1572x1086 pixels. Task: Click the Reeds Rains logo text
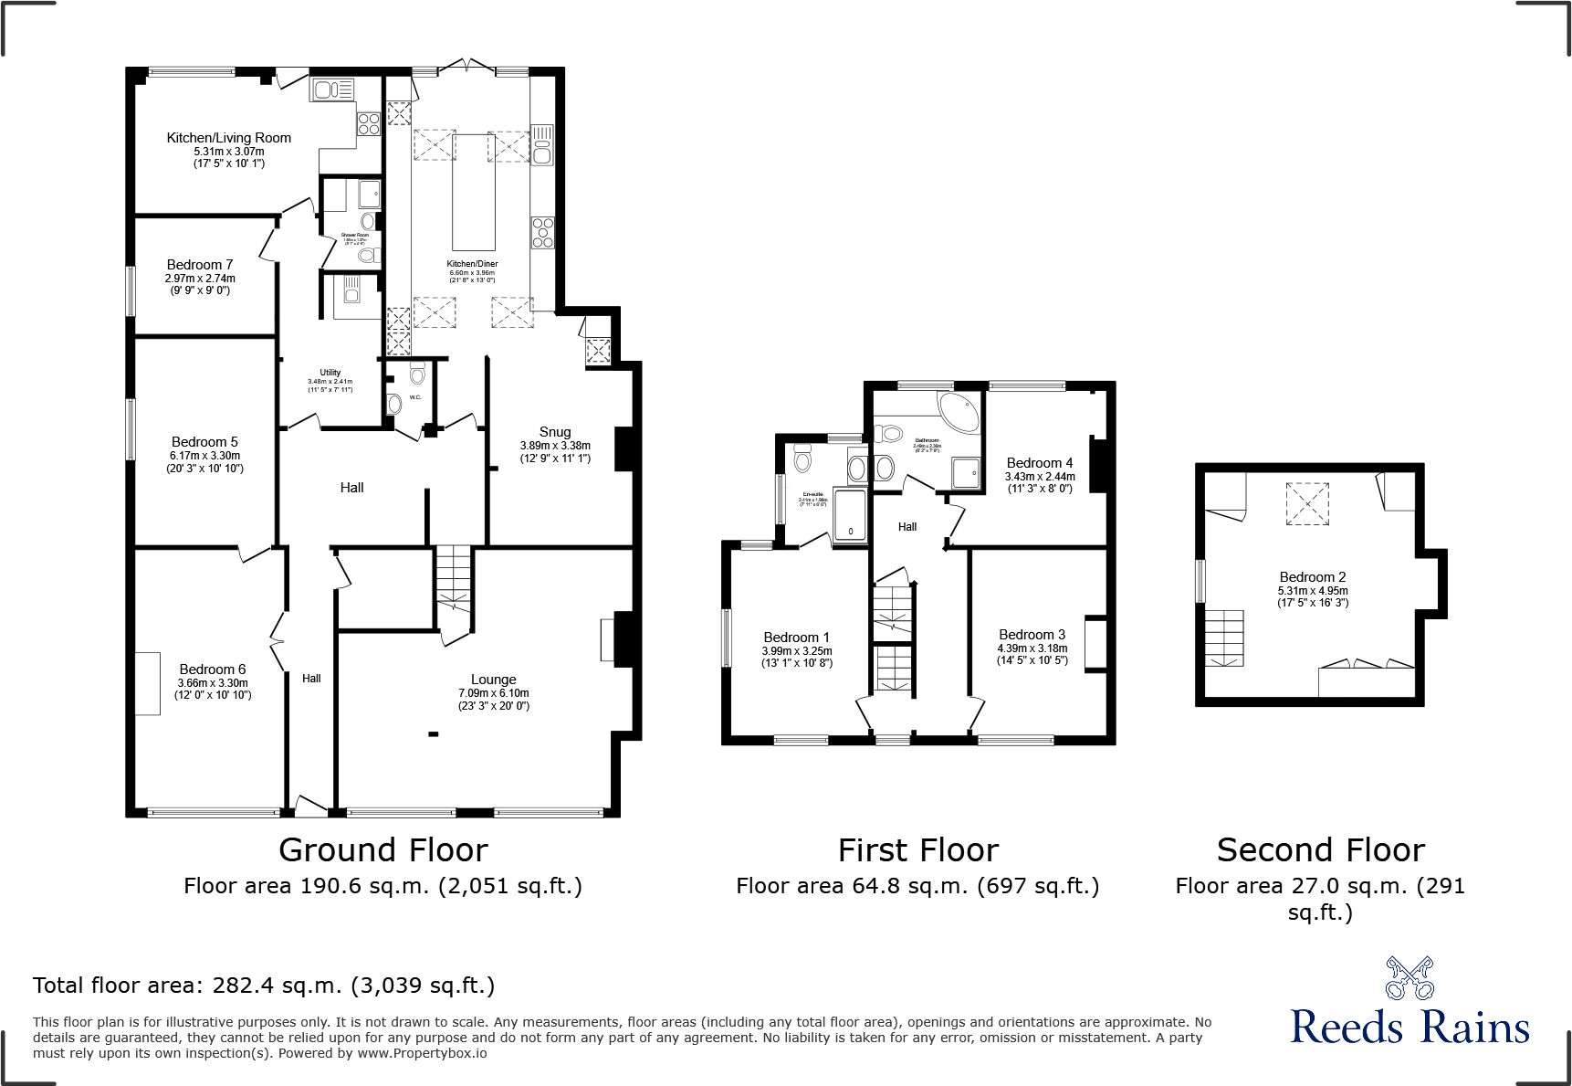coord(1410,1028)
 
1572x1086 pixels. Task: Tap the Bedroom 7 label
coord(199,265)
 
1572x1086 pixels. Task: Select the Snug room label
coord(555,432)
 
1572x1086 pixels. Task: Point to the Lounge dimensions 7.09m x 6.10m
coord(494,693)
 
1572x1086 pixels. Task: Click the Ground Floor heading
coord(383,850)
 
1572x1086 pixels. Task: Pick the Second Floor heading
coord(1320,850)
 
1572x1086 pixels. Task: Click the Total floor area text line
coord(264,986)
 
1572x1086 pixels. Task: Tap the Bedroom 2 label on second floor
coord(1312,577)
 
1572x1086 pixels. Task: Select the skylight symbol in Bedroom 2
coord(1307,503)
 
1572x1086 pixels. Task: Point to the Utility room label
coord(330,373)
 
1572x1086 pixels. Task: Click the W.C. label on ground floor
coord(414,397)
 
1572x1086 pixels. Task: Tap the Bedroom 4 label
coord(1039,463)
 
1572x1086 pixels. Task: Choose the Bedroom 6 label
coord(212,670)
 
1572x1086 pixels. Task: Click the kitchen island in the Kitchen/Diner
coord(474,193)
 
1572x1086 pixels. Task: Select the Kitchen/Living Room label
coord(228,138)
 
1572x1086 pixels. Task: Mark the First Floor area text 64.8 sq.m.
coord(917,886)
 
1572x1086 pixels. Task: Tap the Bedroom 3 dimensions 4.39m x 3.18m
coord(1032,648)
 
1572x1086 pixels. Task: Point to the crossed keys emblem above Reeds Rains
coord(1410,977)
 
